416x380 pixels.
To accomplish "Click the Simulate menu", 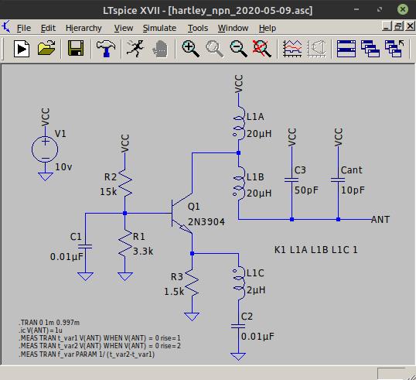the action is pyautogui.click(x=159, y=28).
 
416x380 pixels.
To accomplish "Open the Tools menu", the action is pyautogui.click(x=198, y=28).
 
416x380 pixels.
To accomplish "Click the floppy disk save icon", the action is pyautogui.click(x=76, y=48).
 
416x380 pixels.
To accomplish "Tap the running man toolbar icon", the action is pyautogui.click(x=135, y=48).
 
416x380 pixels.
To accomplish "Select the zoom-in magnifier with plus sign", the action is pyautogui.click(x=190, y=49).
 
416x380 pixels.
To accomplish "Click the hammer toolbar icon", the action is pyautogui.click(x=106, y=49).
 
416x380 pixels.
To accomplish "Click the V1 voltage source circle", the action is pyautogui.click(x=45, y=149).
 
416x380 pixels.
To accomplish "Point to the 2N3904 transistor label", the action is pyautogui.click(x=206, y=222).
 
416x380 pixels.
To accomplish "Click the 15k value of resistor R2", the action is pyautogui.click(x=108, y=191).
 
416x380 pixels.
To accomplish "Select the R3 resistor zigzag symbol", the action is pyautogui.click(x=192, y=282).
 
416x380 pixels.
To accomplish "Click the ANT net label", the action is pyautogui.click(x=380, y=220).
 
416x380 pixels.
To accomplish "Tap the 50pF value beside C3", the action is pyautogui.click(x=306, y=190).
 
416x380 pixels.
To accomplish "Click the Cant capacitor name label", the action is pyautogui.click(x=352, y=170).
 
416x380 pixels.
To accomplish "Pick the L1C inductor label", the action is pyautogui.click(x=255, y=273).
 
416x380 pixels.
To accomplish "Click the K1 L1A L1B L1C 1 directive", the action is pyautogui.click(x=316, y=250).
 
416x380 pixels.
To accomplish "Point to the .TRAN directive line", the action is pyautogui.click(x=49, y=323).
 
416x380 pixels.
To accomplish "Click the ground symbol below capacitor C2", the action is pyautogui.click(x=238, y=356).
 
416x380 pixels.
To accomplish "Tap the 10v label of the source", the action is pyautogui.click(x=63, y=167).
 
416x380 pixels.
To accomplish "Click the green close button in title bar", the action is pyautogui.click(x=403, y=9).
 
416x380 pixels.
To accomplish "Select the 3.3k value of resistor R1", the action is pyautogui.click(x=143, y=252).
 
